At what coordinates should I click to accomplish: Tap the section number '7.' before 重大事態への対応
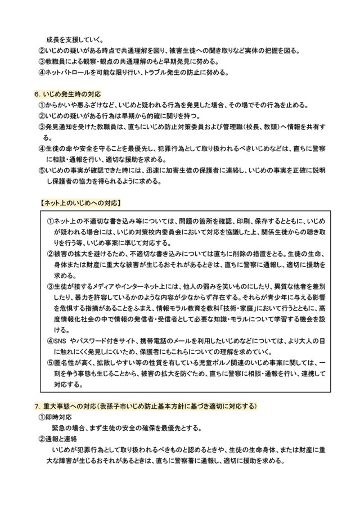37,406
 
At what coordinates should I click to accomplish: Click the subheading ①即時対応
56,417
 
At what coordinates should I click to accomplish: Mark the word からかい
60,104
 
